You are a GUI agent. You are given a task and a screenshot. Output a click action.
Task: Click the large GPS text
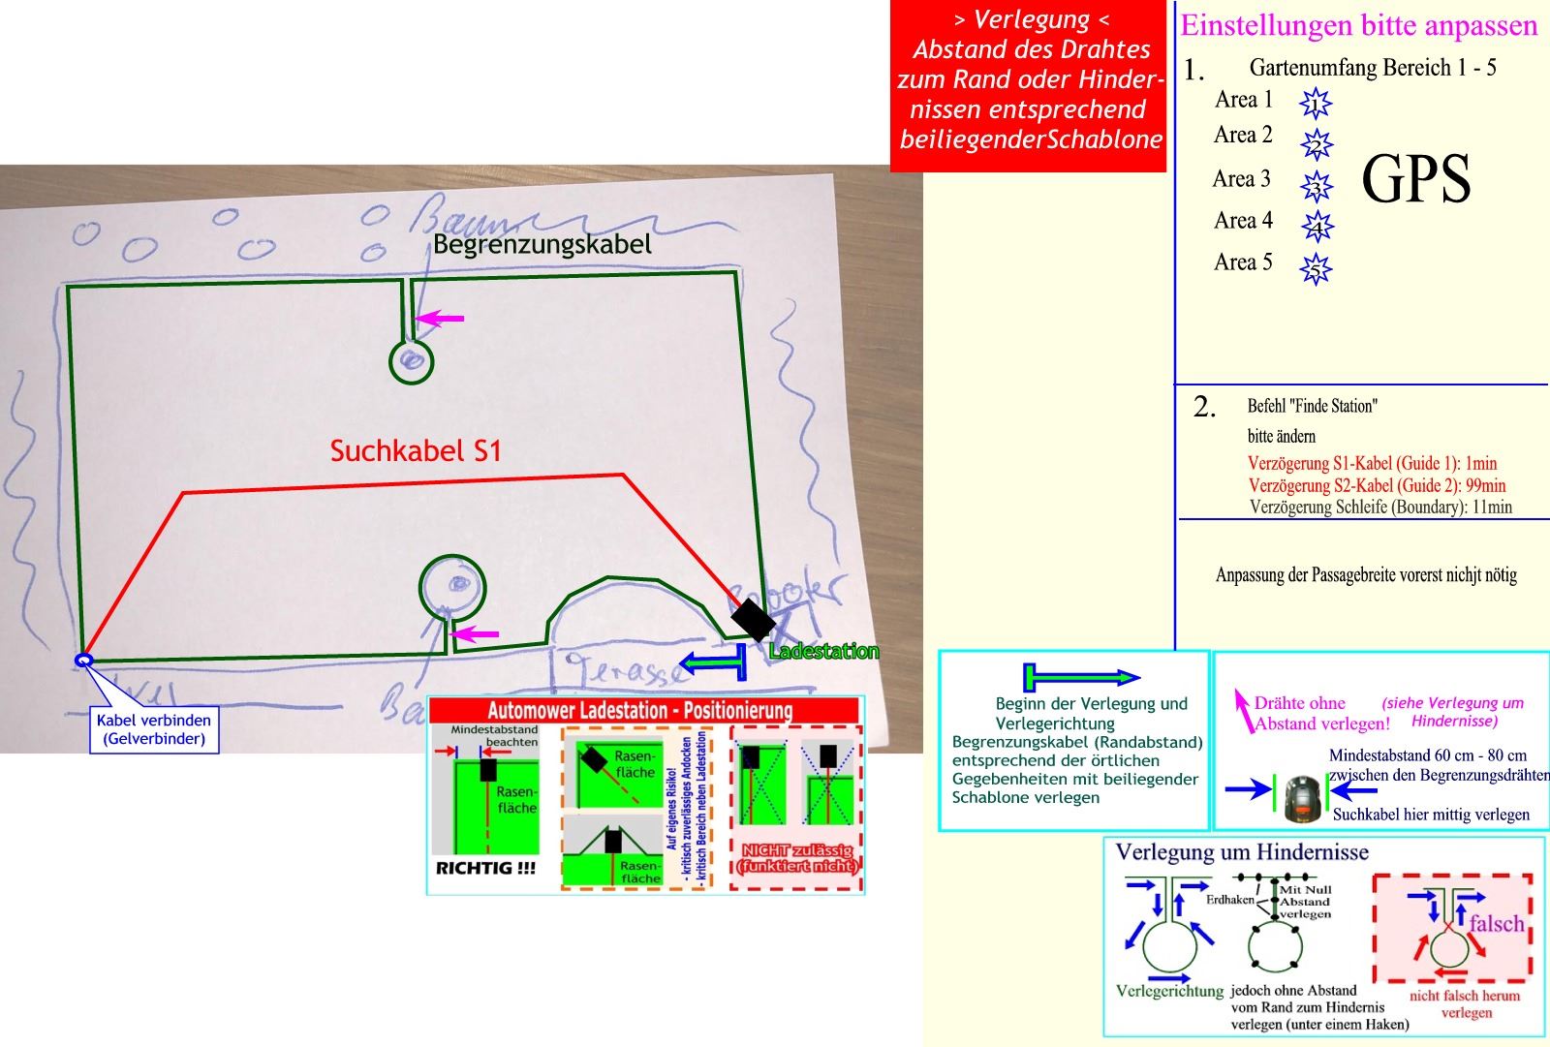pyautogui.click(x=1415, y=180)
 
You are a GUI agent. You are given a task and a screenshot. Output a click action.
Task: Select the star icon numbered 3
pyautogui.click(x=1316, y=185)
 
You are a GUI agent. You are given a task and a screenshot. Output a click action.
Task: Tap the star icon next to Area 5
pyautogui.click(x=1316, y=268)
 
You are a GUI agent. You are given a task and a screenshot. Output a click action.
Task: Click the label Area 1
pyautogui.click(x=1243, y=100)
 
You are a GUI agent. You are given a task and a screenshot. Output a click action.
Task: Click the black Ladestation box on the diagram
pyautogui.click(x=751, y=619)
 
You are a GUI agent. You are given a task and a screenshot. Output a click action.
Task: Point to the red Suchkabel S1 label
pyautogui.click(x=416, y=451)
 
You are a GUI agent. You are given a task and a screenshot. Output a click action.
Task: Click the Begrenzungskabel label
pyautogui.click(x=542, y=244)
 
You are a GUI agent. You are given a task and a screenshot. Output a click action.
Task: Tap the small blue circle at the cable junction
pyautogui.click(x=83, y=661)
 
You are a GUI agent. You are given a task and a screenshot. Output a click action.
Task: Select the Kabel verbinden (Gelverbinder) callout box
pyautogui.click(x=154, y=729)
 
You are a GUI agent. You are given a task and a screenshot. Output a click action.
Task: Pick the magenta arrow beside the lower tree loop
pyautogui.click(x=476, y=634)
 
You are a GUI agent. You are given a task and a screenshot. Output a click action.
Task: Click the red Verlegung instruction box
pyautogui.click(x=1030, y=87)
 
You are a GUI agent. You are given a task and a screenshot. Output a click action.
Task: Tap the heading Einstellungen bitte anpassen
pyautogui.click(x=1358, y=25)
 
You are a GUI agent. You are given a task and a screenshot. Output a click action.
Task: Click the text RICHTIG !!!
pyautogui.click(x=485, y=869)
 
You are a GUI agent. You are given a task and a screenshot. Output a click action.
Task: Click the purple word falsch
pyautogui.click(x=1496, y=923)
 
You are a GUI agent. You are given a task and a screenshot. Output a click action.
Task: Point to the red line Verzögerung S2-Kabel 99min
pyautogui.click(x=1377, y=485)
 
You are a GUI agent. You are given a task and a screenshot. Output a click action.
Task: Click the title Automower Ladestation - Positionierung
pyautogui.click(x=639, y=711)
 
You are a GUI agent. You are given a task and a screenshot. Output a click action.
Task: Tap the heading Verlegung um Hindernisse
pyautogui.click(x=1242, y=852)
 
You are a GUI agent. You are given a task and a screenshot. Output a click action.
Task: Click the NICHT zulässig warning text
pyautogui.click(x=797, y=857)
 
